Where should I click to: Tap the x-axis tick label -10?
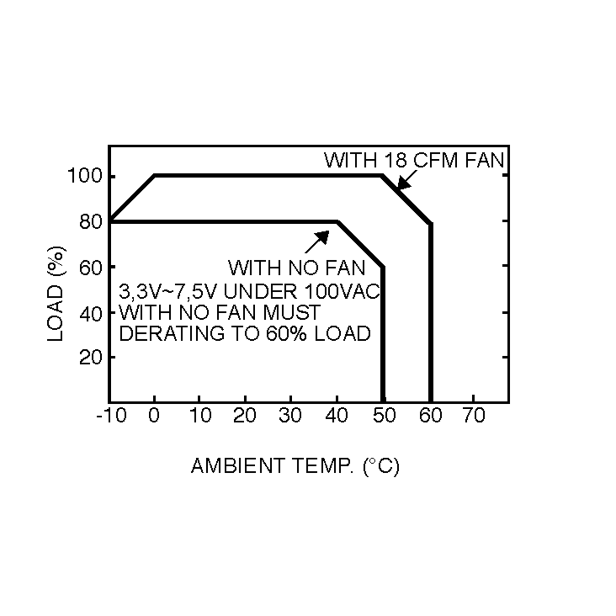(111, 416)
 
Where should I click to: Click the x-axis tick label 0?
(154, 416)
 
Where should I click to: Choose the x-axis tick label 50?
(384, 416)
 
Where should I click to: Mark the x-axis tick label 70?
(474, 416)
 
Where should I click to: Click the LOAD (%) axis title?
(56, 294)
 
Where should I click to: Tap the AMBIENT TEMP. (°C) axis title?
(295, 466)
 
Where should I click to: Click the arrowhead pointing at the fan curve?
(403, 183)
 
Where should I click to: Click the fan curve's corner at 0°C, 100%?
(155, 175)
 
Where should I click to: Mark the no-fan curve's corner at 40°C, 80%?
(337, 222)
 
